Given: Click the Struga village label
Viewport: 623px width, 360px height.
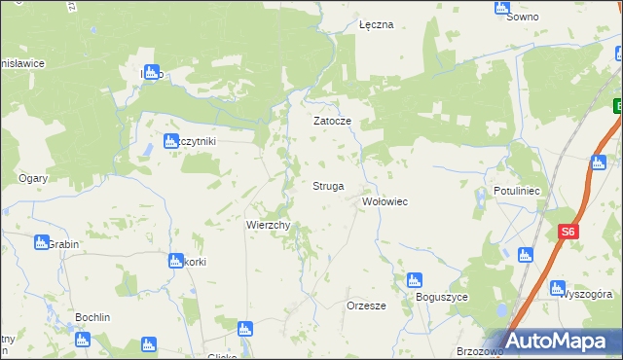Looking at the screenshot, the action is (328, 186).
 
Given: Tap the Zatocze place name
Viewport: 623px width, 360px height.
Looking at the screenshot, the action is (331, 122).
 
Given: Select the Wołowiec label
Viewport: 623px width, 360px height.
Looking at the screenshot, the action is (385, 201).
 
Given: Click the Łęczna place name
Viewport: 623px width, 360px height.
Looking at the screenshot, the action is (376, 25).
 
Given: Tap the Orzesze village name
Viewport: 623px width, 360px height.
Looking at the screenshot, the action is (367, 306).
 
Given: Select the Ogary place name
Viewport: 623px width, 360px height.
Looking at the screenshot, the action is (34, 178).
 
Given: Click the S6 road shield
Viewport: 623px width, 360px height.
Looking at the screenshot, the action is (569, 233).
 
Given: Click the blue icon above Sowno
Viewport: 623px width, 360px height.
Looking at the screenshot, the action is (501, 7).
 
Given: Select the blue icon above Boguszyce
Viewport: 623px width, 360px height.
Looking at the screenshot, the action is (414, 280).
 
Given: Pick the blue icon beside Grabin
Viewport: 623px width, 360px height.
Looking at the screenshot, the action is (41, 242).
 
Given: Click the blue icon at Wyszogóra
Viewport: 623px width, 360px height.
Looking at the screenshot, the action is (557, 288).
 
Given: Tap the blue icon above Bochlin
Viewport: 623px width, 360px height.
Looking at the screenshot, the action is (82, 340).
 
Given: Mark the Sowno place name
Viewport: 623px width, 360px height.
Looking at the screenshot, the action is (523, 18).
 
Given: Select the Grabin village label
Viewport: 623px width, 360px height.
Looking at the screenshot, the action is (64, 245).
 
